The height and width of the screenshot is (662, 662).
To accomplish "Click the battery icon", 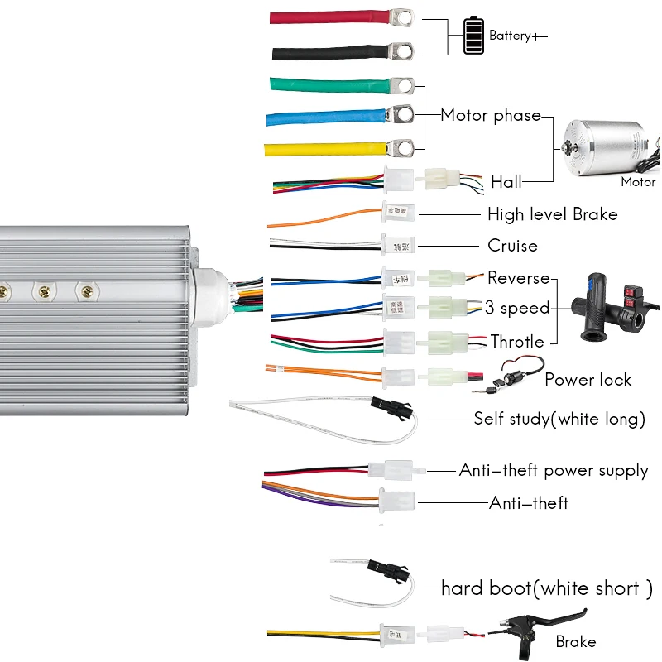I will click(473, 36).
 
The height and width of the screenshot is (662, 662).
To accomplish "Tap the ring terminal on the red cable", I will click(403, 16).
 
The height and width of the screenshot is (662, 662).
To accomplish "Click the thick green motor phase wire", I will click(331, 85).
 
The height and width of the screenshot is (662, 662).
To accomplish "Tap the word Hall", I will click(506, 181).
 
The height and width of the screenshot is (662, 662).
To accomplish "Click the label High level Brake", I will click(552, 214).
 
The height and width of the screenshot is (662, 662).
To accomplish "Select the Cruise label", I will click(512, 246).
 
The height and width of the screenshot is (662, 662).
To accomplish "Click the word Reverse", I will click(519, 277).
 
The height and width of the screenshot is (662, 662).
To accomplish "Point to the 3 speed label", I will click(517, 308).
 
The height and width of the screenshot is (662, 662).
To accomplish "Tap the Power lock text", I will click(588, 380).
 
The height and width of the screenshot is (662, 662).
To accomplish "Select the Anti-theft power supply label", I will click(553, 470).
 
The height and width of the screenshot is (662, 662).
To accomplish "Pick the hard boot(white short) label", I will click(546, 588).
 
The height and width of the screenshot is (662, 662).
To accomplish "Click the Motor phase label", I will click(490, 115).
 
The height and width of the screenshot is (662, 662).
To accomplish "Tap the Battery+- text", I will click(518, 36).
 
